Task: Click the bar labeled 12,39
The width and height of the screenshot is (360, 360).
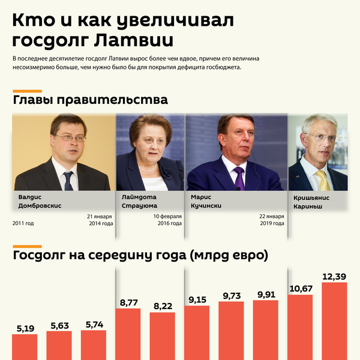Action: [334, 321]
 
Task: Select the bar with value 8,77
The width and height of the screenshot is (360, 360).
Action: [128, 334]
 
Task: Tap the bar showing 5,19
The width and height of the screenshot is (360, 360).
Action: [25, 347]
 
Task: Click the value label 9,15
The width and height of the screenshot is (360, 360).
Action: [197, 299]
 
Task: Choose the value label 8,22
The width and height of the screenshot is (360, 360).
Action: [162, 306]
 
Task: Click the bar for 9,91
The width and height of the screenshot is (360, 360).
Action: [265, 330]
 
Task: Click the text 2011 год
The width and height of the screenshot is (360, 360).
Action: [23, 223]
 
